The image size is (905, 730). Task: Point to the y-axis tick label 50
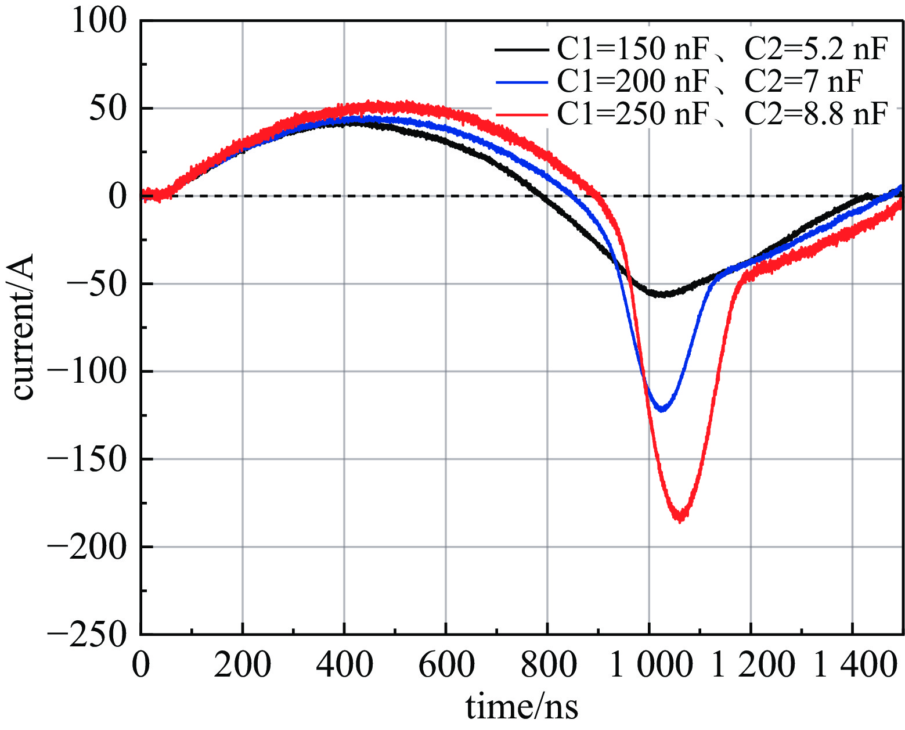[108, 109]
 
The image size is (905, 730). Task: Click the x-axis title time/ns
[522, 707]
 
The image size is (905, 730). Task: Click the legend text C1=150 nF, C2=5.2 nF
[722, 50]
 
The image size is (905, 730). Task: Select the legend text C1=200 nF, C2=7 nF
[709, 82]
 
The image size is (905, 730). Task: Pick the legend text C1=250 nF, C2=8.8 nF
[722, 114]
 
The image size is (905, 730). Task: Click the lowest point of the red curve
[680, 519]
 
